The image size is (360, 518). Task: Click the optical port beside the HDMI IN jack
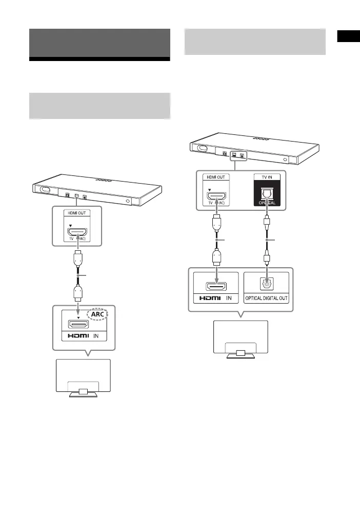(267, 281)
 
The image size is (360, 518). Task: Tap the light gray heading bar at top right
(255, 42)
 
